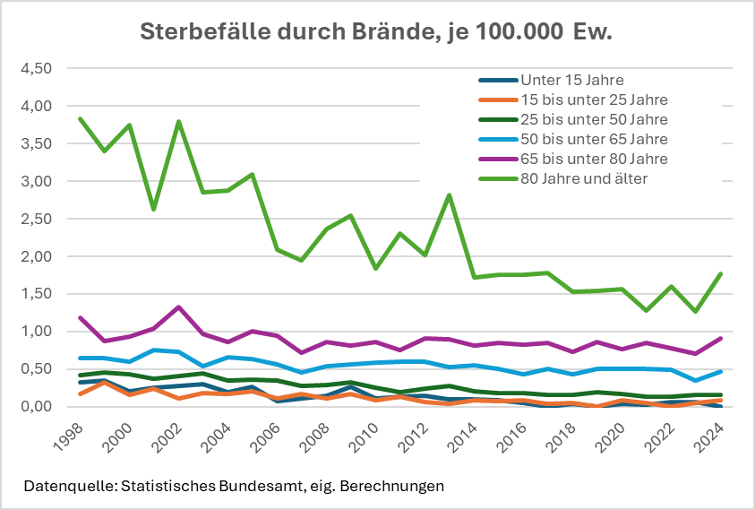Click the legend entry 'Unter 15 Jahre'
(x=573, y=81)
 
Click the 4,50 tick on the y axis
(x=38, y=68)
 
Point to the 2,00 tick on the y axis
(x=38, y=256)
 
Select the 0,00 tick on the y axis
(x=38, y=407)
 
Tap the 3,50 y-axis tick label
(x=38, y=143)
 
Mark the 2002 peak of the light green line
(x=180, y=122)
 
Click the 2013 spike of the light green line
(x=450, y=195)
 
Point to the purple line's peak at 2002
(x=180, y=307)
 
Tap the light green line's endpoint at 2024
(x=721, y=274)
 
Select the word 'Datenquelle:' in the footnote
(x=67, y=487)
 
